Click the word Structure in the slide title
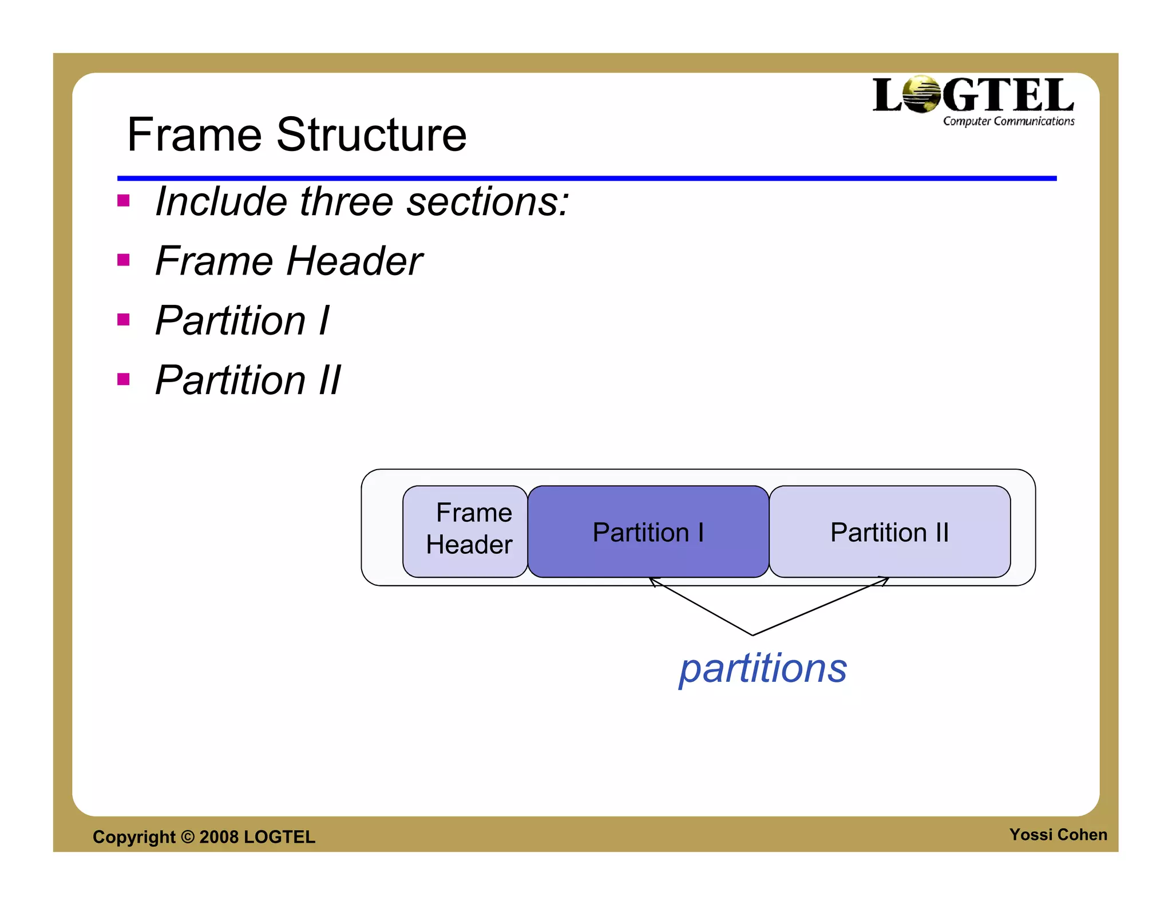pyautogui.click(x=371, y=135)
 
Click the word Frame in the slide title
pyautogui.click(x=194, y=135)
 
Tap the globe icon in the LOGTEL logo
pyautogui.click(x=922, y=94)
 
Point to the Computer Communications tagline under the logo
pyautogui.click(x=1008, y=121)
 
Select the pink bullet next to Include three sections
pyautogui.click(x=123, y=201)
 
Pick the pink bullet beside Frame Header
pyautogui.click(x=123, y=260)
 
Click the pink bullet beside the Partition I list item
pyautogui.click(x=123, y=319)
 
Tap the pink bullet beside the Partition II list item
pyautogui.click(x=123, y=379)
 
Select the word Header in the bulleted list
pyautogui.click(x=354, y=261)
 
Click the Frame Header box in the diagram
pyautogui.click(x=465, y=531)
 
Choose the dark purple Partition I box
pyautogui.click(x=648, y=532)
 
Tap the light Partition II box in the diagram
pyautogui.click(x=889, y=532)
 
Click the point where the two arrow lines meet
pyautogui.click(x=752, y=634)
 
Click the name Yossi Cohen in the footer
pyautogui.click(x=1058, y=835)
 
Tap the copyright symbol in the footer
pyautogui.click(x=188, y=837)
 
